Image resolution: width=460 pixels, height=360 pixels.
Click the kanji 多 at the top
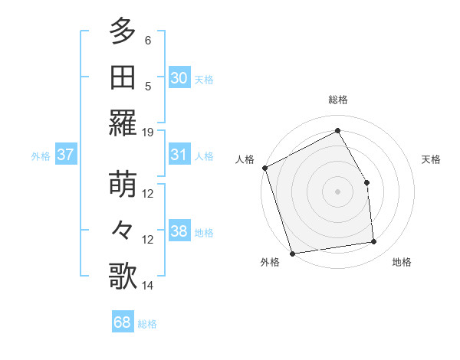[122, 32]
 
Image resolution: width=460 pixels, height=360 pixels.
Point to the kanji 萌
[122, 185]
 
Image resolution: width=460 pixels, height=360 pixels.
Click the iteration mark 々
[122, 231]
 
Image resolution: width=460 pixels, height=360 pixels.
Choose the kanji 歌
[122, 277]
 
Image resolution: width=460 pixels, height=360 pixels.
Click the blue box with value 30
[179, 77]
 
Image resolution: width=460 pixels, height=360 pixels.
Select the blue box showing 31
[179, 155]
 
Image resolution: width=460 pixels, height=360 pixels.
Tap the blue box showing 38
[179, 231]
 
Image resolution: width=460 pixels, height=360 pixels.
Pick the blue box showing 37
[65, 155]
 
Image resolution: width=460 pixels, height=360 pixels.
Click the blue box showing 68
[122, 322]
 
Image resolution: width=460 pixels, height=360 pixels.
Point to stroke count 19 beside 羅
[148, 132]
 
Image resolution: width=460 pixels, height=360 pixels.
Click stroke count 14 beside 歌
[148, 286]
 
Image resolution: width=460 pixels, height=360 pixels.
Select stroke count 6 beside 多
[148, 41]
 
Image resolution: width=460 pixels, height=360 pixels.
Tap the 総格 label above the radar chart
[337, 100]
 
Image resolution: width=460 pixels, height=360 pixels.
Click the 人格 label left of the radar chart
[245, 159]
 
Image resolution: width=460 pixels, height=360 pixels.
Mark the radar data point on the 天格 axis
[366, 182]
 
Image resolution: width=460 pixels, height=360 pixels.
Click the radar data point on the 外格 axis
[292, 254]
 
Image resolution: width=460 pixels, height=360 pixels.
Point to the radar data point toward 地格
[374, 242]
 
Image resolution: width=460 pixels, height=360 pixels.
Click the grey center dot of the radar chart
[337, 191]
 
